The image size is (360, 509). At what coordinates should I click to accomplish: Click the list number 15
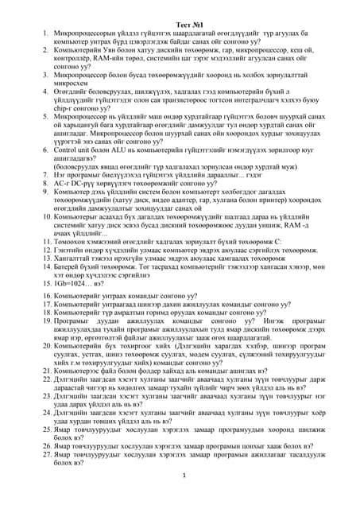click(x=45, y=282)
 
